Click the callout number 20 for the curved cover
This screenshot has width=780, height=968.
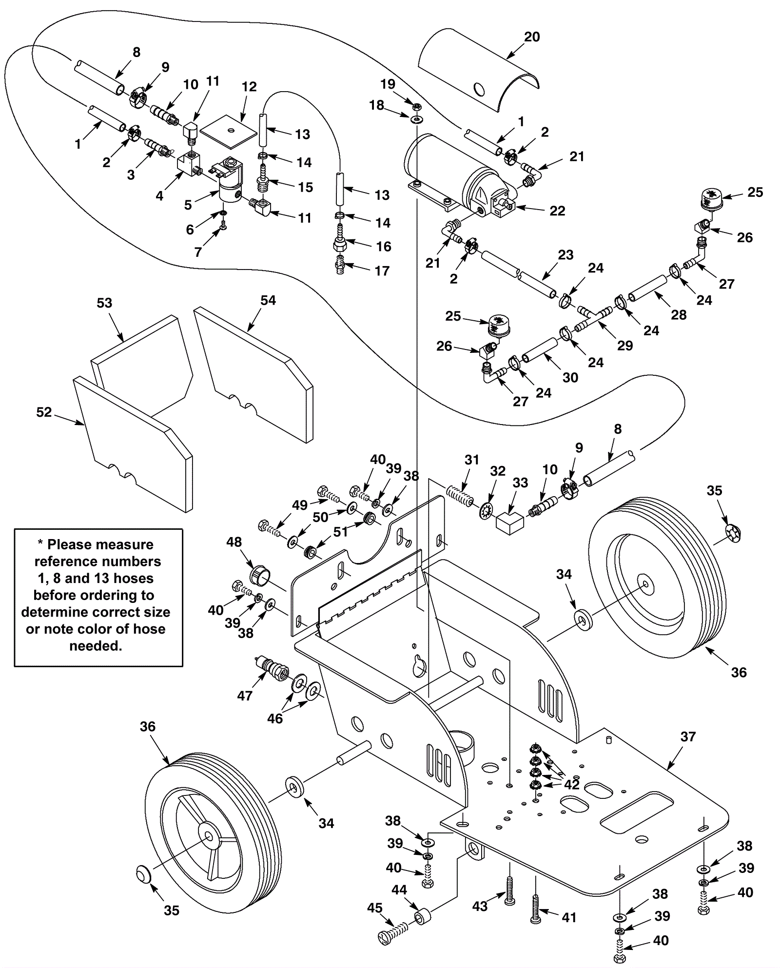point(532,37)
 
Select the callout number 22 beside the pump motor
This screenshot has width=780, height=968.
point(557,211)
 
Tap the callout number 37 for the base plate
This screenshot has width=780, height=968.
point(688,736)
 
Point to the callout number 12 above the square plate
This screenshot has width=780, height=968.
point(249,87)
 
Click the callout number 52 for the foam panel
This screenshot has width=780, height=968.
point(44,412)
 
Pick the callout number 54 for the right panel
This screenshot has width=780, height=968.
point(268,300)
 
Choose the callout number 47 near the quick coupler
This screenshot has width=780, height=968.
point(245,696)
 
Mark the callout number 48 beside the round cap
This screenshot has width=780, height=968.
point(234,542)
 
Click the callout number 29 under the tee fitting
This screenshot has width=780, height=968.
point(625,346)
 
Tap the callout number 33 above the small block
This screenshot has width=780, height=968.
point(520,483)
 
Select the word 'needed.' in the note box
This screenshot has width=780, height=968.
point(96,646)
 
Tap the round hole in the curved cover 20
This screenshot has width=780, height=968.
point(479,89)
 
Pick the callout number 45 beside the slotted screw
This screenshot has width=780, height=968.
point(375,909)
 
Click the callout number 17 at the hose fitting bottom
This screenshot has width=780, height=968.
point(382,271)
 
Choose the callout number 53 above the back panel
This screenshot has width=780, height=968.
point(104,303)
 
